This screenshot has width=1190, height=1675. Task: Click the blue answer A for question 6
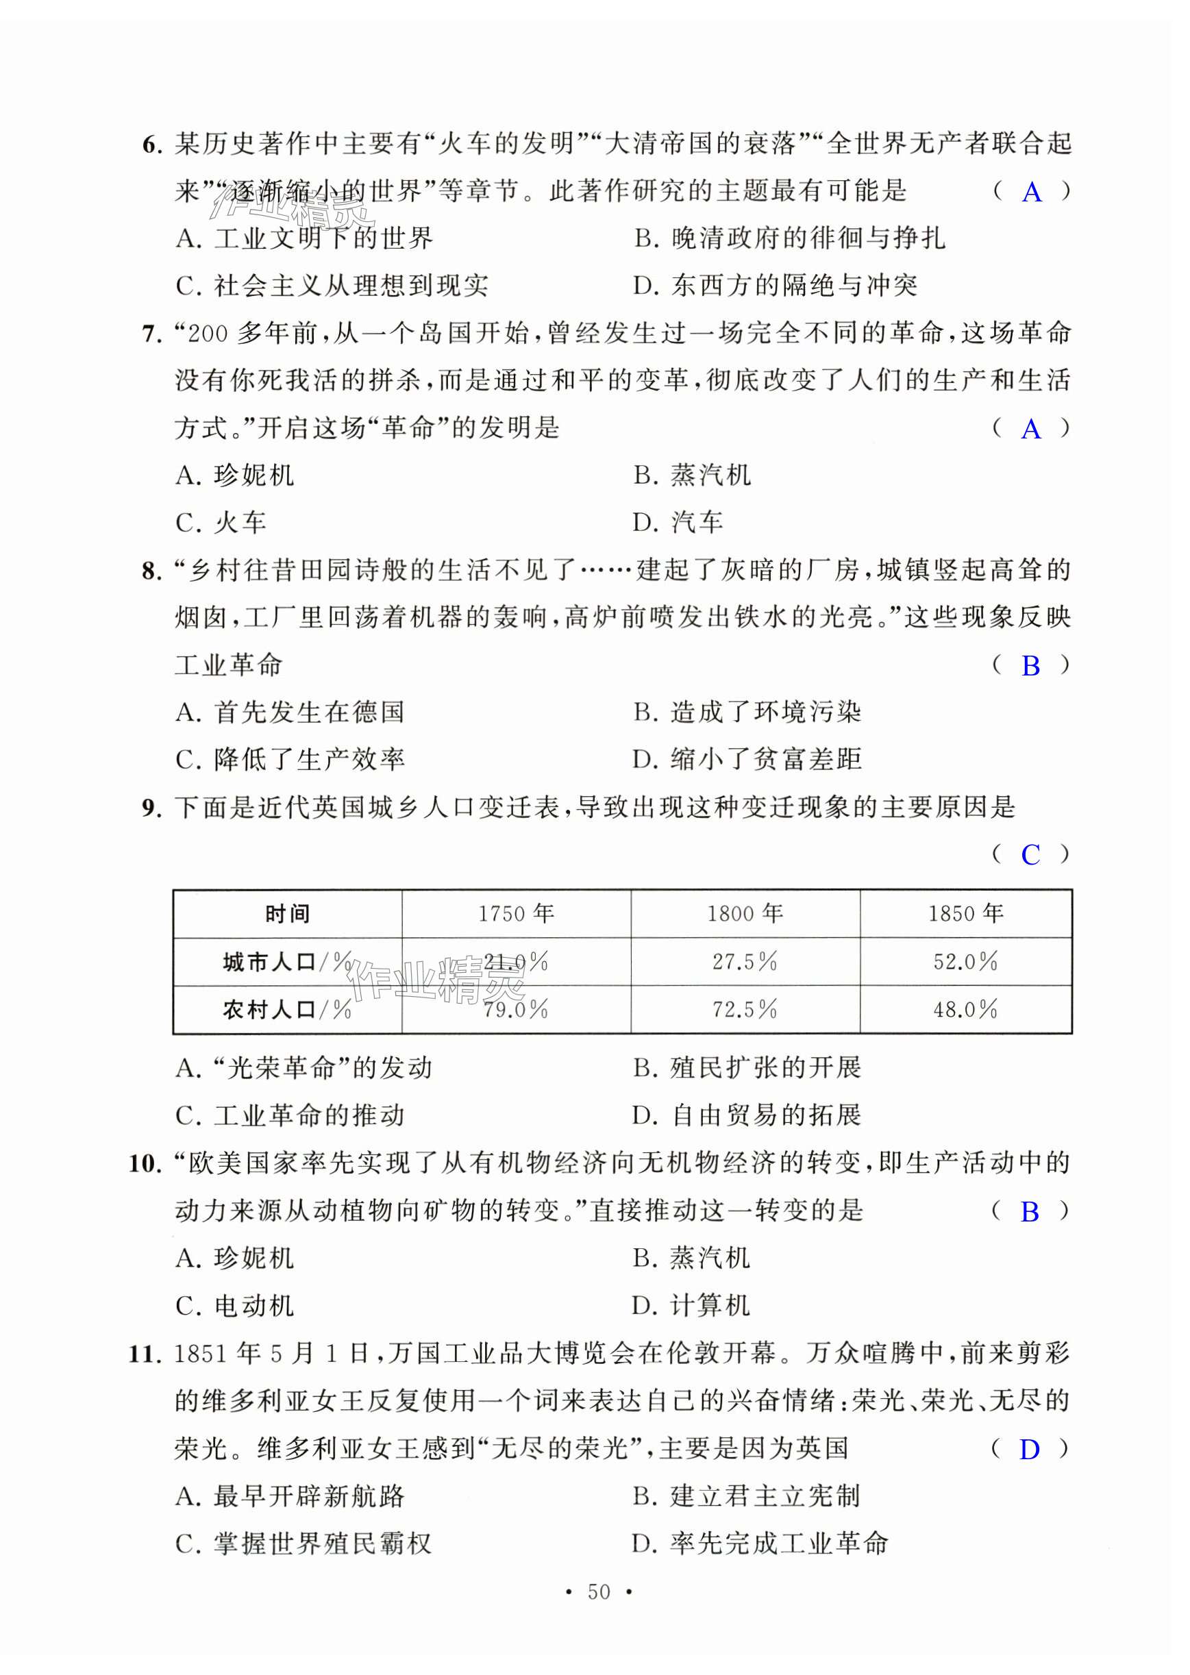1032,192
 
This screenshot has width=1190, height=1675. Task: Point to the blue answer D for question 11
1030,1450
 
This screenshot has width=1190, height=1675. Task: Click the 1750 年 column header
516,914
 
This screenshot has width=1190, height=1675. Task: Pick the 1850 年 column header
966,914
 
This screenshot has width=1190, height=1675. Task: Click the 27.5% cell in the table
745,961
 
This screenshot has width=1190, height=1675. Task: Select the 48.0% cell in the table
966,1010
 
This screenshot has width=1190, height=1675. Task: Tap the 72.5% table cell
745,1010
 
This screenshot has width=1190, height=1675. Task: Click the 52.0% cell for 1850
966,961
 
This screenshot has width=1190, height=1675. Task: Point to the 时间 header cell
287,914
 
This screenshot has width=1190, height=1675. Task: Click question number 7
151,335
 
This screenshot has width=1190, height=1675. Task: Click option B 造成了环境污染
747,713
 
